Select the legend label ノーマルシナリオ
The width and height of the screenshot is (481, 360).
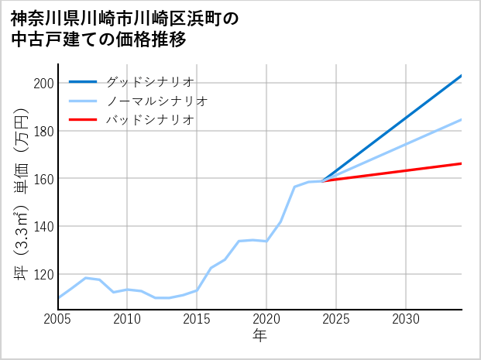(x=156, y=101)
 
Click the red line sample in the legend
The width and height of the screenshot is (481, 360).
(x=83, y=120)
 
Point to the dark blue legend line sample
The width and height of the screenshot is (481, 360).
(x=83, y=81)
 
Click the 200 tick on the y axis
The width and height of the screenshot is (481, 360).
(x=43, y=84)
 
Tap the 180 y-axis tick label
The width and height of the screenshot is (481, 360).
(x=43, y=131)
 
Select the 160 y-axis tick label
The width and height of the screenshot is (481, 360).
(x=43, y=179)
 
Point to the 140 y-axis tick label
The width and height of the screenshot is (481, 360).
(x=43, y=227)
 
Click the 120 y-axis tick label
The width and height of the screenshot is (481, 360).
(x=43, y=275)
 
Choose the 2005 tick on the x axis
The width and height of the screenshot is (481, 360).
(x=58, y=319)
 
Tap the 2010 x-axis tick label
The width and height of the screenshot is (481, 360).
(x=127, y=319)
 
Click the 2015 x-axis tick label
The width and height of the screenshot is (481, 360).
(x=197, y=319)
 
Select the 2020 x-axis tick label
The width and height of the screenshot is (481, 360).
(x=266, y=319)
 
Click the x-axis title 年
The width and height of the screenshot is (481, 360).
(x=259, y=336)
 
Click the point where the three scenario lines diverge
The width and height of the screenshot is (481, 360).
(x=322, y=181)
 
